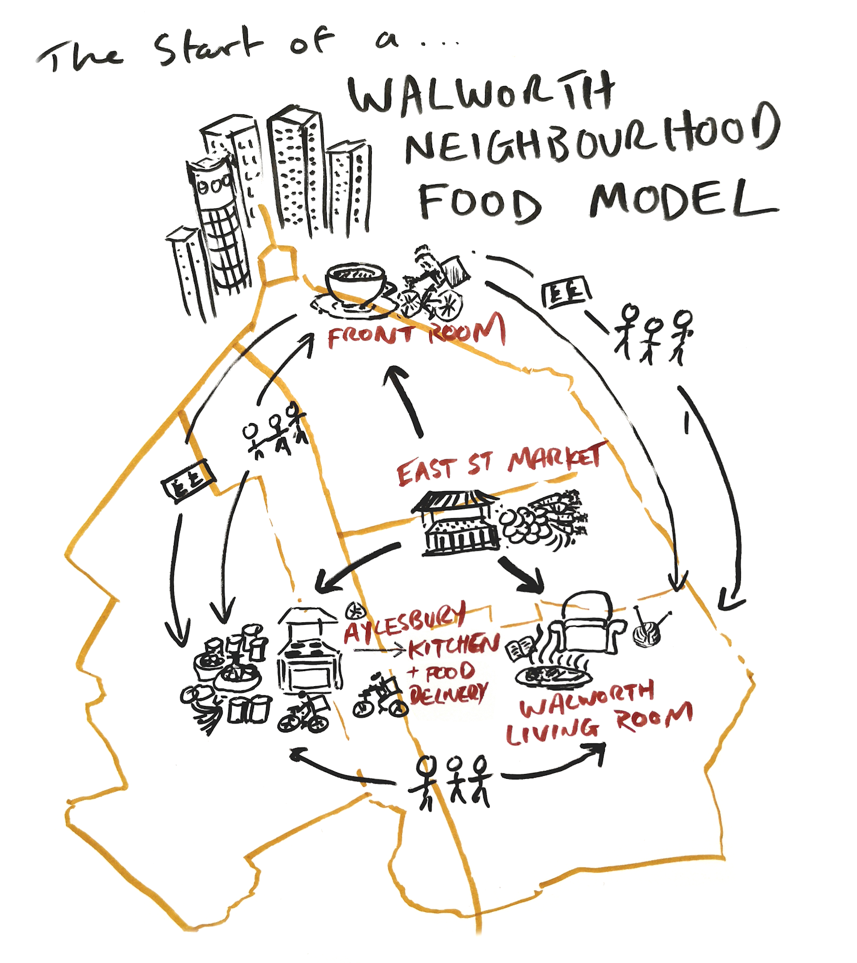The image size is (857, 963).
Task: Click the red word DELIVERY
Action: pyautogui.click(x=448, y=694)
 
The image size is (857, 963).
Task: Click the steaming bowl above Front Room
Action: pyautogui.click(x=355, y=286)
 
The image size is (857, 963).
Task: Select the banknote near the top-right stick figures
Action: pyautogui.click(x=566, y=293)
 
